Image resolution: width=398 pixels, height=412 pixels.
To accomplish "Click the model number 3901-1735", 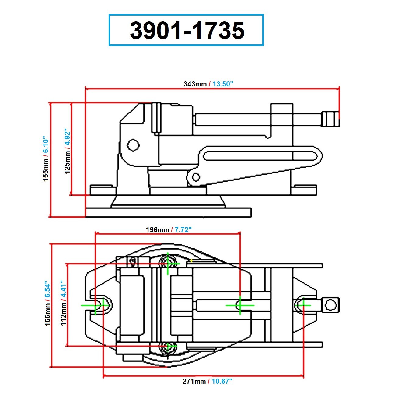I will point(187,30).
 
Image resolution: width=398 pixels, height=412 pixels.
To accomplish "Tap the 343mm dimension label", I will point(195,84).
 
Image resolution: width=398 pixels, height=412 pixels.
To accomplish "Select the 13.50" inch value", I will point(223,84).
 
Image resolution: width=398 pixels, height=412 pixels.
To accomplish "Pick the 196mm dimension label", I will point(157,230).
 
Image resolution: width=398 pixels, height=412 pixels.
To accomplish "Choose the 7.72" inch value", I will point(183,230).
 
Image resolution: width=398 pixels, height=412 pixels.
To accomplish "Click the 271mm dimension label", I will point(194,381).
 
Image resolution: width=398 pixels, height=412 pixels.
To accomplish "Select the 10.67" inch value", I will point(222,381).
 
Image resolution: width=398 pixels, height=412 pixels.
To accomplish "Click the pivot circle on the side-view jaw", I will point(133,145).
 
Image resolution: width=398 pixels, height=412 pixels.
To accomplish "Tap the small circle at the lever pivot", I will point(196,177).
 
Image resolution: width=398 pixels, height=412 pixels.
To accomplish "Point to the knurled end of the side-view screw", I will point(330,119).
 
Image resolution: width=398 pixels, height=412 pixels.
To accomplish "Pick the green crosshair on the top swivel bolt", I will point(168,264).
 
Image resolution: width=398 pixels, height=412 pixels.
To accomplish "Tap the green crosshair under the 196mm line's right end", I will point(240,305).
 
